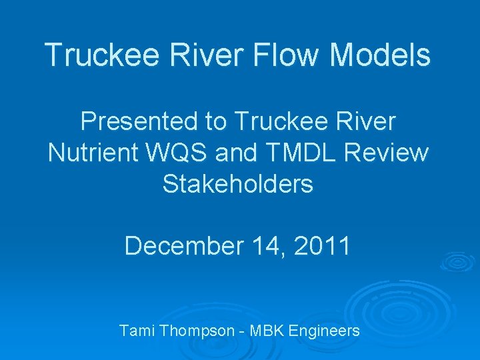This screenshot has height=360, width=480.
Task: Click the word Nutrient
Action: coord(89,153)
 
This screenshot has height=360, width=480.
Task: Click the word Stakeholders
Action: coord(237,183)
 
